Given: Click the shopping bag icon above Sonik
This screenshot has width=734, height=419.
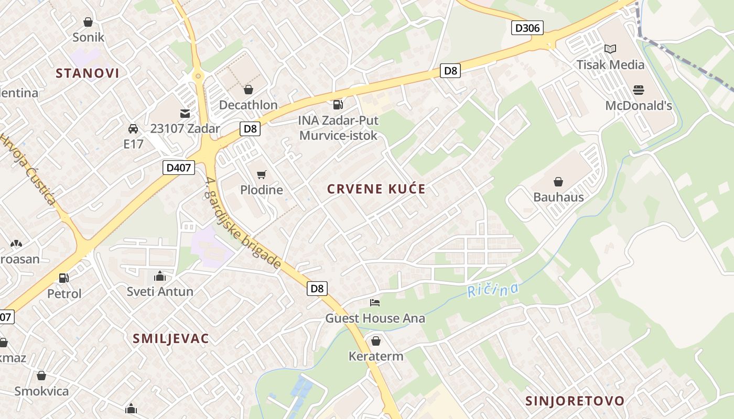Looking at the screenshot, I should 88,22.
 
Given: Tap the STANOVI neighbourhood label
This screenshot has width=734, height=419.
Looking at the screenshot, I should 88,73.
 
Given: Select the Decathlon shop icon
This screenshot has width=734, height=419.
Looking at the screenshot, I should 249,90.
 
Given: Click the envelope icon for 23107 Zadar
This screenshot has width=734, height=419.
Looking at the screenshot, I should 185,113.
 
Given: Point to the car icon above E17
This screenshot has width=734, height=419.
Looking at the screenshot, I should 133,128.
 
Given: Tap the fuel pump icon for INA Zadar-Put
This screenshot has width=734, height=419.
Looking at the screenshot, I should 338,105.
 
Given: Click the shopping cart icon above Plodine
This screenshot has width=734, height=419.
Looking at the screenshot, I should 262,174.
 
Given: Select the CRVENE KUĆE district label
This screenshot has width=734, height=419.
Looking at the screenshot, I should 376,189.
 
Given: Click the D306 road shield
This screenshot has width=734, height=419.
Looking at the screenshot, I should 527,28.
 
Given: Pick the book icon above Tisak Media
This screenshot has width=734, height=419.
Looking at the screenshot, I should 610,49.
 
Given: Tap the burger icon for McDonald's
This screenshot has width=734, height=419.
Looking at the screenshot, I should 638,90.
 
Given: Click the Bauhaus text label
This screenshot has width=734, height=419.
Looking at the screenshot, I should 558,197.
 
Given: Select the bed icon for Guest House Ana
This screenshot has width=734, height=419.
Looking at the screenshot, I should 375,303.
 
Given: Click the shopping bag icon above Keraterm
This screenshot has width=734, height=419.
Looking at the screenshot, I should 376,341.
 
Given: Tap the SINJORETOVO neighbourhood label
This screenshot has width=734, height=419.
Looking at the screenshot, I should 575,401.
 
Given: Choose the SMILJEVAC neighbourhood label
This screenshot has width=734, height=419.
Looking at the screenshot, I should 171,338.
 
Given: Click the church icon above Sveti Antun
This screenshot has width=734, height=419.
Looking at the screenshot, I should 160,276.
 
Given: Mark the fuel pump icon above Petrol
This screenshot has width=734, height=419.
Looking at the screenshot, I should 64,278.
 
